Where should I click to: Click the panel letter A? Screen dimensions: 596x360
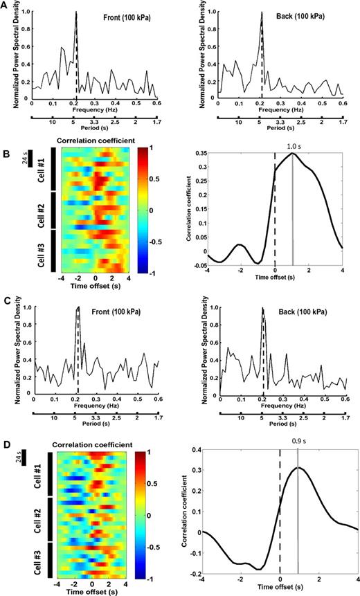pos(6,5)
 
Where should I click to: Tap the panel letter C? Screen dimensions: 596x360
pos(6,302)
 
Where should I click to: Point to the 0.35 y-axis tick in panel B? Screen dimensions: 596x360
pos(199,152)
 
